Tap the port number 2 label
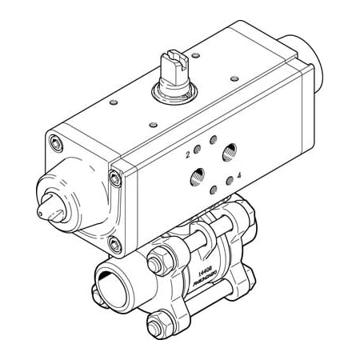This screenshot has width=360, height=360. (x=188, y=151)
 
